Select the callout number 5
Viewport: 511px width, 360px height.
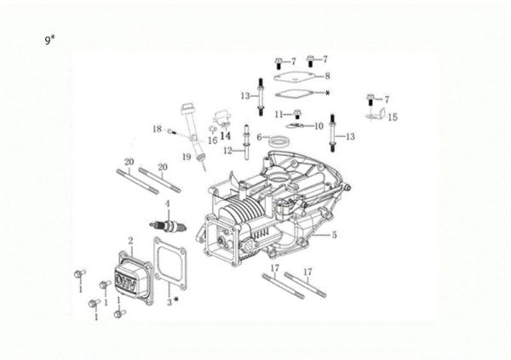[x=334, y=235]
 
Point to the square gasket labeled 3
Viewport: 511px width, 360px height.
[x=169, y=265]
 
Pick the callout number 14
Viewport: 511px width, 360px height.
[x=225, y=134]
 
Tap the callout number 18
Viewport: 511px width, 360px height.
[x=157, y=129]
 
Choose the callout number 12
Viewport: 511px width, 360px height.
[x=227, y=151]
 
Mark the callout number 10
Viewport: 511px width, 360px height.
[x=319, y=126]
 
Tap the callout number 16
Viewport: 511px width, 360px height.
[x=213, y=141]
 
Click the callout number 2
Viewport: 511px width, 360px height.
[x=130, y=242]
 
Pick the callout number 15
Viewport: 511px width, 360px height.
[x=392, y=117]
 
